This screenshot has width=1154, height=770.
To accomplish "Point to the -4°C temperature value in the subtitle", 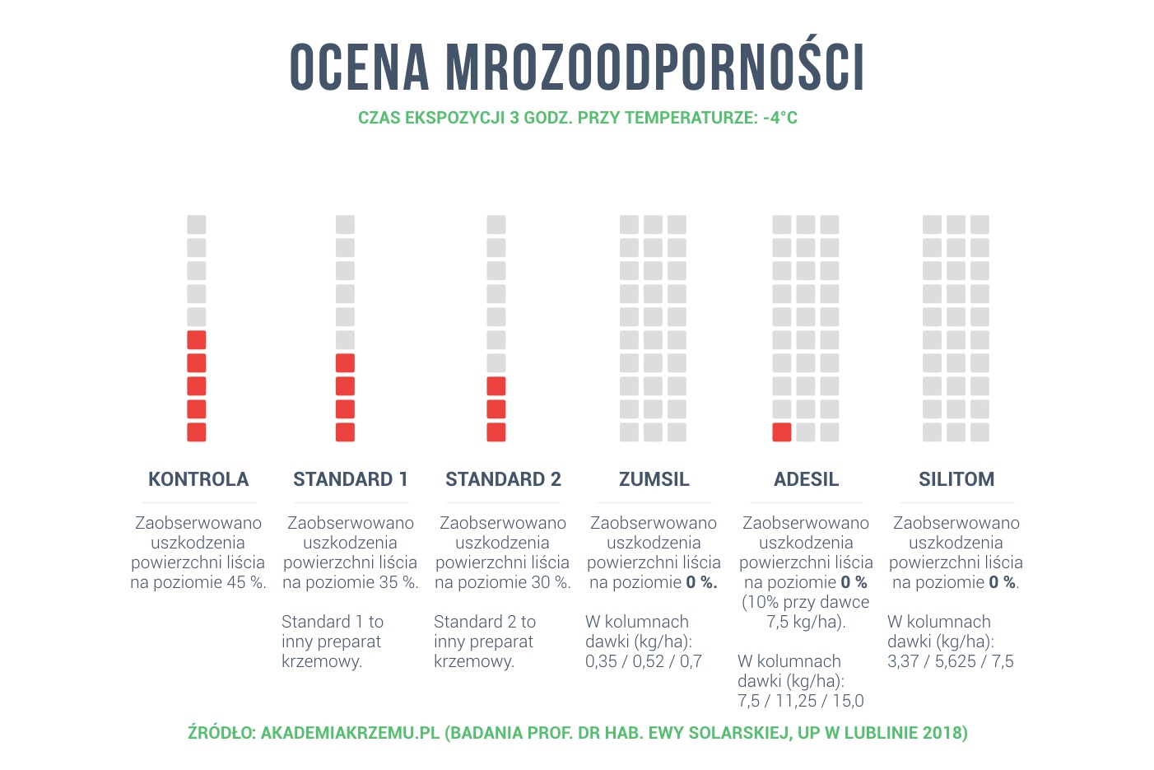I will (x=780, y=118).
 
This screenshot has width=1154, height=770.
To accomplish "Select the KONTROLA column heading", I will (x=198, y=479).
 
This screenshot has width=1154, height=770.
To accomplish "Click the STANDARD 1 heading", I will (x=351, y=479).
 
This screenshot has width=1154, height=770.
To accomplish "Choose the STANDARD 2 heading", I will (x=503, y=479).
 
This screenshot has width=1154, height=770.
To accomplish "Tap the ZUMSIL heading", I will (x=654, y=479).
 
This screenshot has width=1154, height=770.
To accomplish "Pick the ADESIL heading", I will (x=806, y=479).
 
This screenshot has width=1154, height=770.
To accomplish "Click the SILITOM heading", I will (x=956, y=479).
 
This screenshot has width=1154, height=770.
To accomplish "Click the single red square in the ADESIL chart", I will (x=782, y=432).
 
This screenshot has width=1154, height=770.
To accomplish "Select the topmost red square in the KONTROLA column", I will (x=197, y=339).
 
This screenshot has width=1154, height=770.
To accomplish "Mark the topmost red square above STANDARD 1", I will (x=346, y=362).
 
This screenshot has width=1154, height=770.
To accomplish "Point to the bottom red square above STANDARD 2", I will (x=496, y=432).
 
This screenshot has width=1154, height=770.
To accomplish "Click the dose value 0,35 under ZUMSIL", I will (x=601, y=661).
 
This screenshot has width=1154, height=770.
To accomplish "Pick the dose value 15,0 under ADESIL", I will (x=847, y=701).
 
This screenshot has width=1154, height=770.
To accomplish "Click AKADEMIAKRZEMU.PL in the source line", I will (x=350, y=733).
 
